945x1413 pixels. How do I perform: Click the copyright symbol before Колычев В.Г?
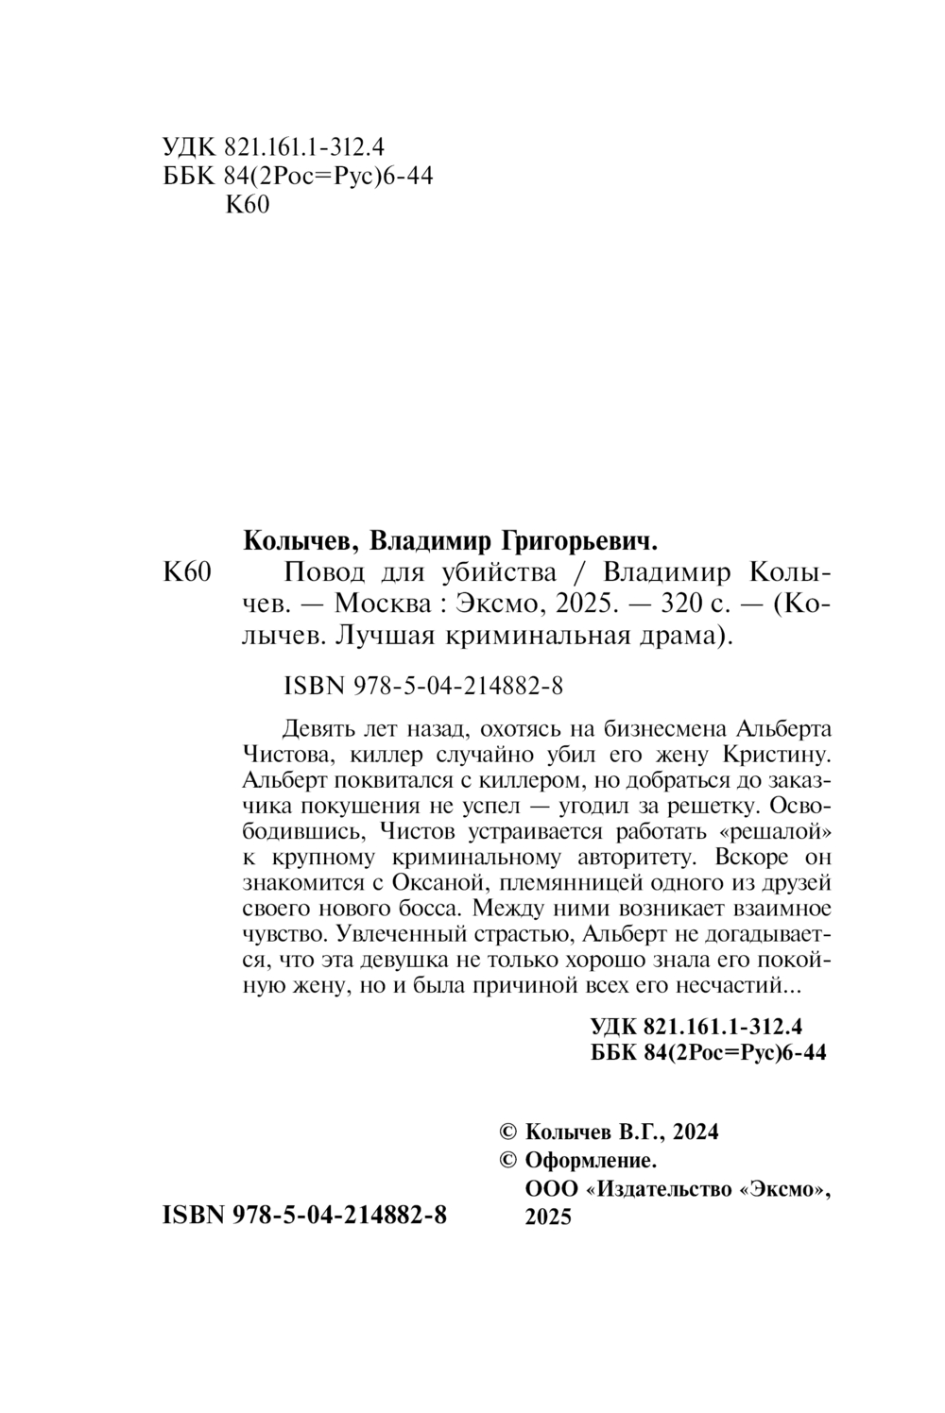(x=507, y=1132)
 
